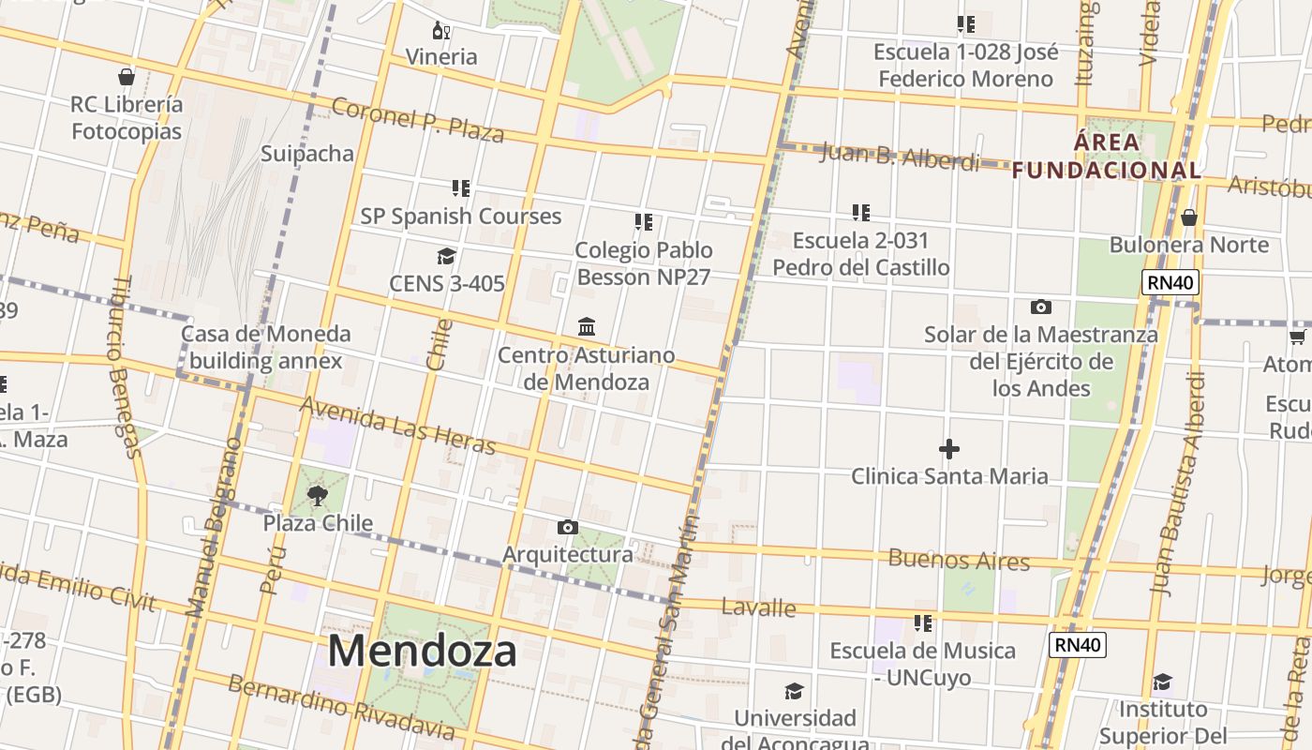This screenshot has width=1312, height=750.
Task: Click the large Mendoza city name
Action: tap(422, 651)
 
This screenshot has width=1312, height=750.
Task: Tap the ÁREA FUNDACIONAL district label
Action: tap(1107, 157)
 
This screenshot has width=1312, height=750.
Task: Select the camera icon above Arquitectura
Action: tap(567, 527)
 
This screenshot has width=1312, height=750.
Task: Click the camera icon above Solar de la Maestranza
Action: tap(1040, 307)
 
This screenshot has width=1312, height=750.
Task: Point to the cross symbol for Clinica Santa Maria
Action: tap(949, 449)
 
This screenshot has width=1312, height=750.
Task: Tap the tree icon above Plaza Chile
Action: tap(318, 495)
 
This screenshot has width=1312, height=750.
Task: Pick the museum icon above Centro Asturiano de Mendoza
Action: tap(587, 326)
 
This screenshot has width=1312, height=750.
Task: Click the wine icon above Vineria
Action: tap(440, 31)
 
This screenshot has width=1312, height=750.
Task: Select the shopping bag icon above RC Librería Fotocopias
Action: tap(127, 76)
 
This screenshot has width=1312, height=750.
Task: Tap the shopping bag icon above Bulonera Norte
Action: tap(1188, 217)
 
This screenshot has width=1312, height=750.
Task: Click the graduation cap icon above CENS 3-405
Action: tap(446, 256)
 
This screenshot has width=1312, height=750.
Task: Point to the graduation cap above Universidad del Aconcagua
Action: tap(794, 691)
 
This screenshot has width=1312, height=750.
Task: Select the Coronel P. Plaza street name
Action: tap(418, 119)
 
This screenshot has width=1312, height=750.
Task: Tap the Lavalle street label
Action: tap(758, 607)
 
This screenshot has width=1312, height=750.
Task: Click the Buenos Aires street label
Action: tap(958, 560)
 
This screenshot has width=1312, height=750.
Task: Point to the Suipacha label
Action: tap(307, 154)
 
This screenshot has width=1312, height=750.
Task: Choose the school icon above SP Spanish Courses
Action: tap(460, 188)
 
